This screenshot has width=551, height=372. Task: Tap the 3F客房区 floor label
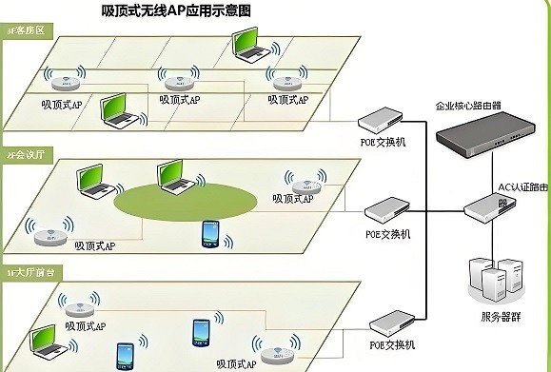[26, 31]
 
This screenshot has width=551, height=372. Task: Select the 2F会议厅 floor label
[26, 152]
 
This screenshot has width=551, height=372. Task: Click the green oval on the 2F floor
[186, 199]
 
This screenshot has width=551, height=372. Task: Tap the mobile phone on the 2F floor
[210, 234]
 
